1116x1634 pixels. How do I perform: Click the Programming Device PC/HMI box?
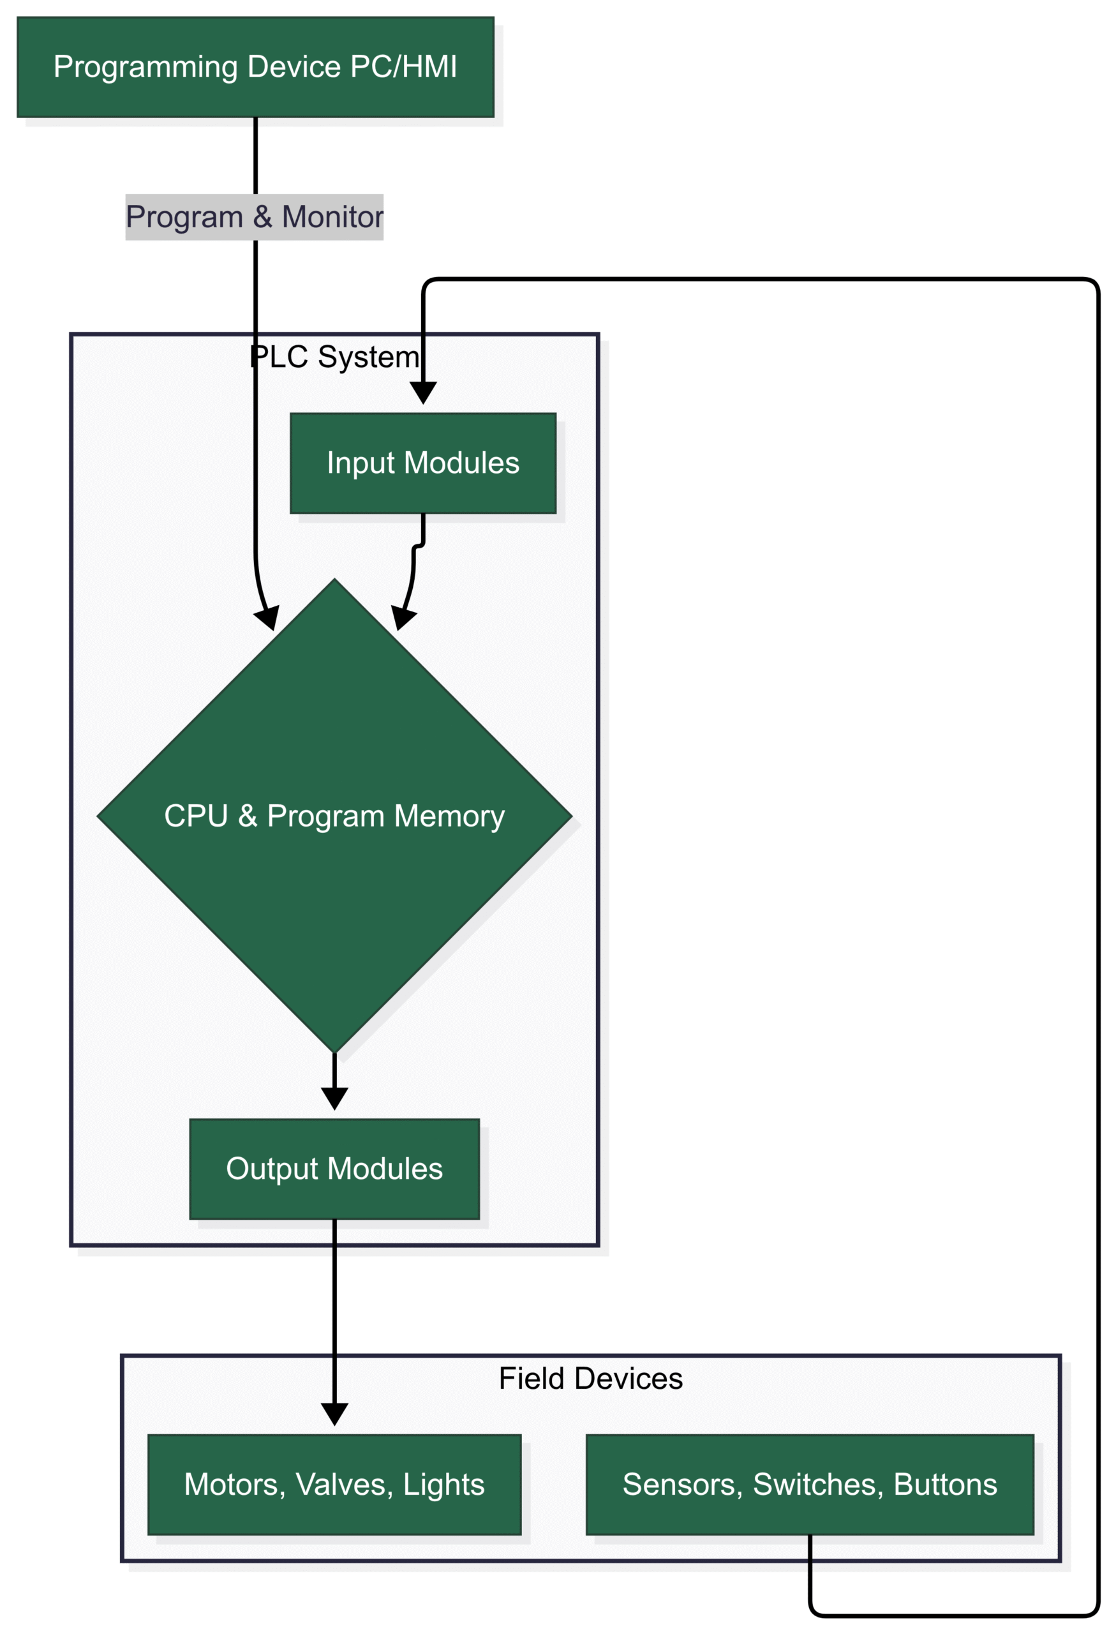coord(255,68)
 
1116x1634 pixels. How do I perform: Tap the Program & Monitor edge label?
coord(255,217)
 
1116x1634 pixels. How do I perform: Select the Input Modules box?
coord(423,463)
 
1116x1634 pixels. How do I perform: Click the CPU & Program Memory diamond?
coord(334,816)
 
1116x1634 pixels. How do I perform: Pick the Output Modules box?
coord(334,1169)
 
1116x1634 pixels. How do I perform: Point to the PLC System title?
coord(334,357)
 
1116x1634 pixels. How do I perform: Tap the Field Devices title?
coord(590,1379)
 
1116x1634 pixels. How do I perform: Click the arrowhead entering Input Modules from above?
coord(423,393)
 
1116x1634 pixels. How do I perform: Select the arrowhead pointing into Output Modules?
coord(334,1098)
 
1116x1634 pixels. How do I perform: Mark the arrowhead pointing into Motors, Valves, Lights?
coord(334,1414)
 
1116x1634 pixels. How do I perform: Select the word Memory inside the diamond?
coord(449,816)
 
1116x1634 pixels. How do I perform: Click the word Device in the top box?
coord(294,68)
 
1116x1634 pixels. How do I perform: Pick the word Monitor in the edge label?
coord(332,217)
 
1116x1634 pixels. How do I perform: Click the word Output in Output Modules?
coord(272,1169)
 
